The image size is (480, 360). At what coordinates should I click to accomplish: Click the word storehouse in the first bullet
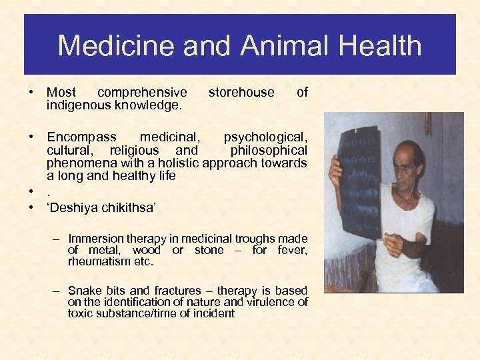(241, 93)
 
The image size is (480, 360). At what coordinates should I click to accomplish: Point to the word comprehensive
(142, 93)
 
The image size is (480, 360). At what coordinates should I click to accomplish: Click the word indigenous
(77, 105)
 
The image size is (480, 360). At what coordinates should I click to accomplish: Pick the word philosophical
(269, 151)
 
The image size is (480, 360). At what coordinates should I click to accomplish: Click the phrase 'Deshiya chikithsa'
(101, 209)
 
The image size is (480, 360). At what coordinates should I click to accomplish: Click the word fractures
(177, 291)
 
